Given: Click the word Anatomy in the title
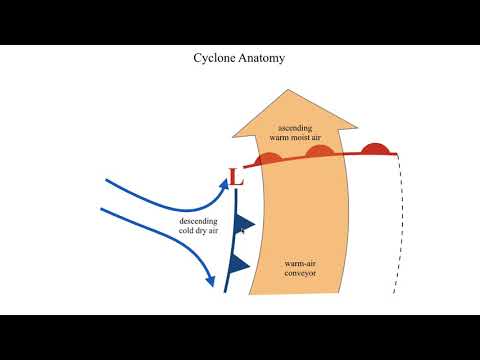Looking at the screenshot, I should [264, 58].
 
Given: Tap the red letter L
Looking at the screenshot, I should [236, 178].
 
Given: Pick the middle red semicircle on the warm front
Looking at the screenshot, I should [320, 151].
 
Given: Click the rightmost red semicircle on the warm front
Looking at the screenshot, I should [374, 149].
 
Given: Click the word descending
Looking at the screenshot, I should [197, 221].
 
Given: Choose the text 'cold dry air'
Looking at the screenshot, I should [197, 231].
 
